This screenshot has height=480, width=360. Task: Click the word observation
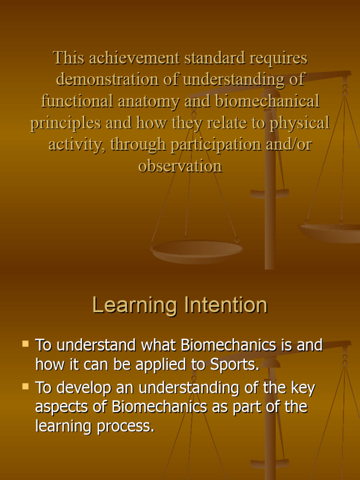[x=180, y=166]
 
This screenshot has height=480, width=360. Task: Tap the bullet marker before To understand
[x=25, y=344]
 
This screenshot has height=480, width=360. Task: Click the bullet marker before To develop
[x=25, y=387]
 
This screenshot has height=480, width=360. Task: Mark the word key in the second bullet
[x=301, y=389]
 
